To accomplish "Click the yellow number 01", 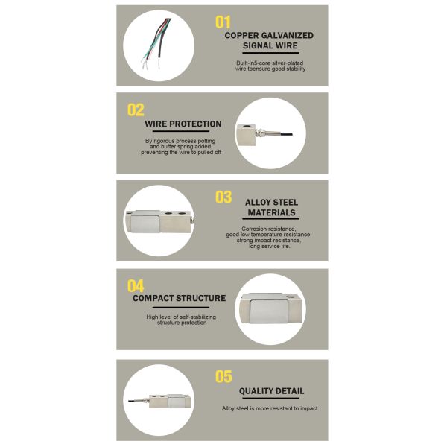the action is click(223, 22).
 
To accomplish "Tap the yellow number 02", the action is click(136, 110).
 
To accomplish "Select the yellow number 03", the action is click(223, 197).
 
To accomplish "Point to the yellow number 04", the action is click(136, 285).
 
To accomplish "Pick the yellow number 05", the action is click(223, 376).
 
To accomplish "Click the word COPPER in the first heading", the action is click(241, 35).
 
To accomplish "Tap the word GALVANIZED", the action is click(288, 35).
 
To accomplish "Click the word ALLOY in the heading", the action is click(257, 203).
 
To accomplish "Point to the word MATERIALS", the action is click(271, 212).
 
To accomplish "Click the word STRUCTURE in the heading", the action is click(200, 298).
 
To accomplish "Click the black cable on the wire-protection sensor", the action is click(286, 133).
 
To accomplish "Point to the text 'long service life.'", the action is click(269, 247).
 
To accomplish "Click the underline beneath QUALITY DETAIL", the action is click(271, 399).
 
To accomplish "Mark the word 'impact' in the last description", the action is click(308, 408).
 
